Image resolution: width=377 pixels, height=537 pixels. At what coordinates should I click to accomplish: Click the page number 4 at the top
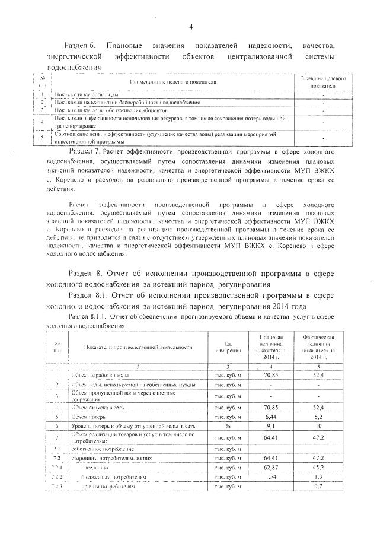pyautogui.click(x=191, y=26)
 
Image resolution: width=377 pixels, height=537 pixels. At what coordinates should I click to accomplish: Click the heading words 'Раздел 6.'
pyautogui.click(x=82, y=46)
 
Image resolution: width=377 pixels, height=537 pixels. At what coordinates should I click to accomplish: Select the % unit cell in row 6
pyautogui.click(x=228, y=426)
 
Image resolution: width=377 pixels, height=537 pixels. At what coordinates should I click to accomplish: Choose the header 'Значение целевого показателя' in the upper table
pyautogui.click(x=323, y=82)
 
